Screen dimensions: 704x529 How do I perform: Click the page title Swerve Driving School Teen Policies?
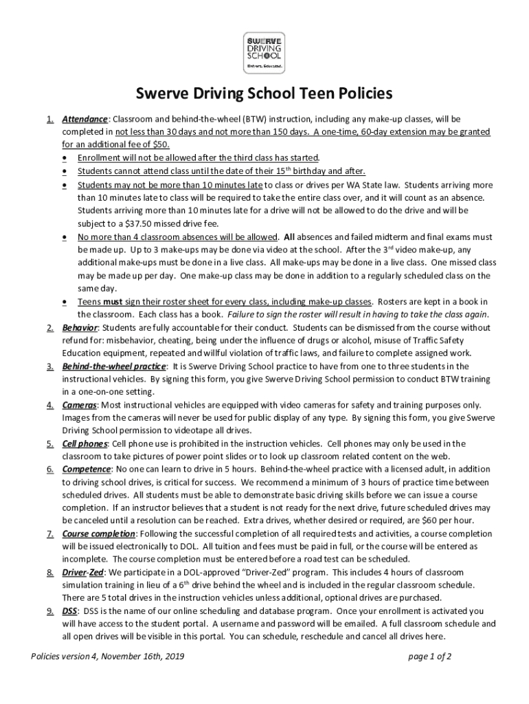click(x=264, y=93)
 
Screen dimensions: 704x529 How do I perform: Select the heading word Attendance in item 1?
click(x=85, y=119)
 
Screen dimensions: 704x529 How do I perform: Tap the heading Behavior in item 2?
click(x=80, y=327)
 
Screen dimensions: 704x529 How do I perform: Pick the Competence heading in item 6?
click(x=86, y=469)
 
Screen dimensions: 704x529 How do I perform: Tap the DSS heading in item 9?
click(x=69, y=610)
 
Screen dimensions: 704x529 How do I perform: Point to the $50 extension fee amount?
click(x=159, y=145)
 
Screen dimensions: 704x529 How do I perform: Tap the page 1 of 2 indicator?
click(x=429, y=656)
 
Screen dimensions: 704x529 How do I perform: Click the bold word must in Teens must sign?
click(x=113, y=301)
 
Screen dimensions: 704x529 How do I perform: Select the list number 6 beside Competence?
click(x=50, y=469)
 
